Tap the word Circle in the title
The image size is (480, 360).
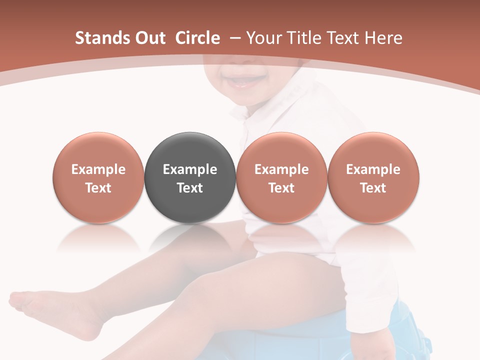click(197, 38)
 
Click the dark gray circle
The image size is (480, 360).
click(190, 177)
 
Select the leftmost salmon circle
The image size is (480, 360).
click(98, 177)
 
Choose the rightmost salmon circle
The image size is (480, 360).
click(373, 177)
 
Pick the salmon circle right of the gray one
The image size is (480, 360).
click(281, 177)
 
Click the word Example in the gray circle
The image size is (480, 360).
click(190, 169)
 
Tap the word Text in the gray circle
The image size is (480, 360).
click(190, 188)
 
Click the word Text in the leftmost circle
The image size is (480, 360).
click(98, 188)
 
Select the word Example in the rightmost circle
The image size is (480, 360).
click(373, 169)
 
